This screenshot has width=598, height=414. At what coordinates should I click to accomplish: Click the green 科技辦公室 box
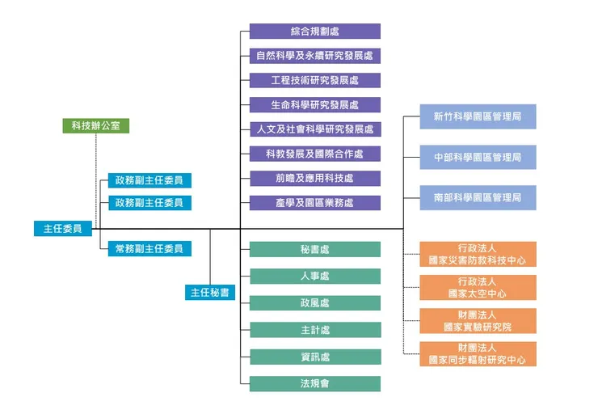(95, 126)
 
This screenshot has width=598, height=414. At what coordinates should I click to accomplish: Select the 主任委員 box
(62, 229)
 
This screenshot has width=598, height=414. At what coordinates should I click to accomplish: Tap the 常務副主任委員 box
(149, 249)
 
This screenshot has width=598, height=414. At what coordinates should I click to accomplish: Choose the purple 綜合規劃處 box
(314, 32)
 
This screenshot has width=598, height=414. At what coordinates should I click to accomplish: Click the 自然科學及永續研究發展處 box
(314, 56)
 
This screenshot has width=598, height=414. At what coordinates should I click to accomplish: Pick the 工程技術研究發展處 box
(314, 80)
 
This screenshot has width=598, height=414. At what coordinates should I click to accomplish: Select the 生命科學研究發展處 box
(314, 105)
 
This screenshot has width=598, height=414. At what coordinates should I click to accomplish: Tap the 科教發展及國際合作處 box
(314, 154)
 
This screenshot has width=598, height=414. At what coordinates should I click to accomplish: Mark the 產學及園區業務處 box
(314, 203)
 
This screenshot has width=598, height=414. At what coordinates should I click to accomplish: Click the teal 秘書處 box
(314, 250)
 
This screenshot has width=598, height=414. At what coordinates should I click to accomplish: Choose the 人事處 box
(314, 277)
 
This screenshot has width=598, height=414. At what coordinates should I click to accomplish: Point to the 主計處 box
(314, 330)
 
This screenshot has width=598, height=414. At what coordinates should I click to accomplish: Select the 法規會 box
(314, 383)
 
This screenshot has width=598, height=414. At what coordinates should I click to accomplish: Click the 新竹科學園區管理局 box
(478, 116)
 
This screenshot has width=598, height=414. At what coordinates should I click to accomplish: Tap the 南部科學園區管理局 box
(478, 197)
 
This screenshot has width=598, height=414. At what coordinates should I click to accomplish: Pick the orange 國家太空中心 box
(478, 288)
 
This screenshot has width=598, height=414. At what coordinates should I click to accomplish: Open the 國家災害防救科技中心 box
(478, 254)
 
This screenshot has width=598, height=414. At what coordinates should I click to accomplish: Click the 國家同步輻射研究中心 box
(478, 354)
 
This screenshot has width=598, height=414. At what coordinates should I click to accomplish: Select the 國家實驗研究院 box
(478, 321)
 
